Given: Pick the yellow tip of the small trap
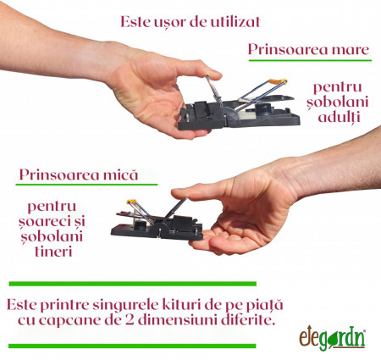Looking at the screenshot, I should click(133, 203).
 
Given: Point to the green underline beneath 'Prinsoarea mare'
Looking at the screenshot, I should click(308, 61).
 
